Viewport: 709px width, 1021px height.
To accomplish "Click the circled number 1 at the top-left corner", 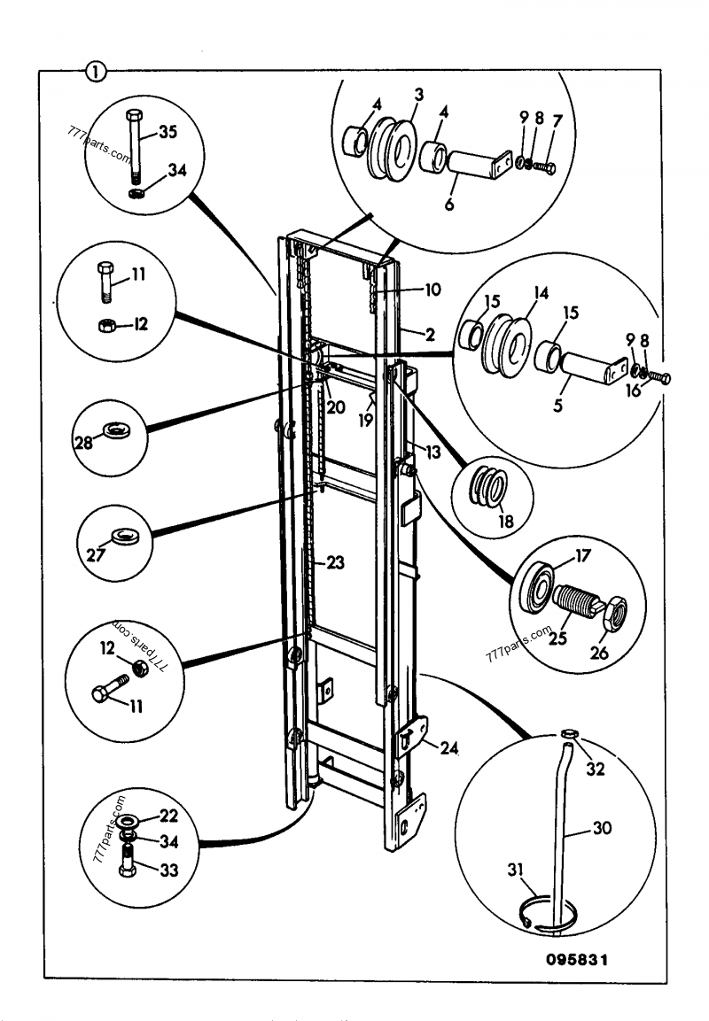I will click(94, 71).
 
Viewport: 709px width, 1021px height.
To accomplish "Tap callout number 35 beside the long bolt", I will click(168, 134).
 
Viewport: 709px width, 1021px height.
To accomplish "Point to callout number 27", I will click(94, 555).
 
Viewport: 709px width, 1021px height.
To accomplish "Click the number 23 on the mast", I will click(337, 561).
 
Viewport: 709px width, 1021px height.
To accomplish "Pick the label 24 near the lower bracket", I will click(449, 747).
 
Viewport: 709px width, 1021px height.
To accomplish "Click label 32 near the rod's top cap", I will click(596, 770).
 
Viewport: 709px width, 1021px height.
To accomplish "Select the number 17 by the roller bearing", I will click(581, 558).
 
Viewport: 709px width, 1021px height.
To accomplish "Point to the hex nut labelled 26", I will click(616, 611).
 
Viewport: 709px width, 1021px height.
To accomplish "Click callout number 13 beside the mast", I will click(432, 452).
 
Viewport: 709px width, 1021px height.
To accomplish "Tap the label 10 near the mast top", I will click(432, 290).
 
